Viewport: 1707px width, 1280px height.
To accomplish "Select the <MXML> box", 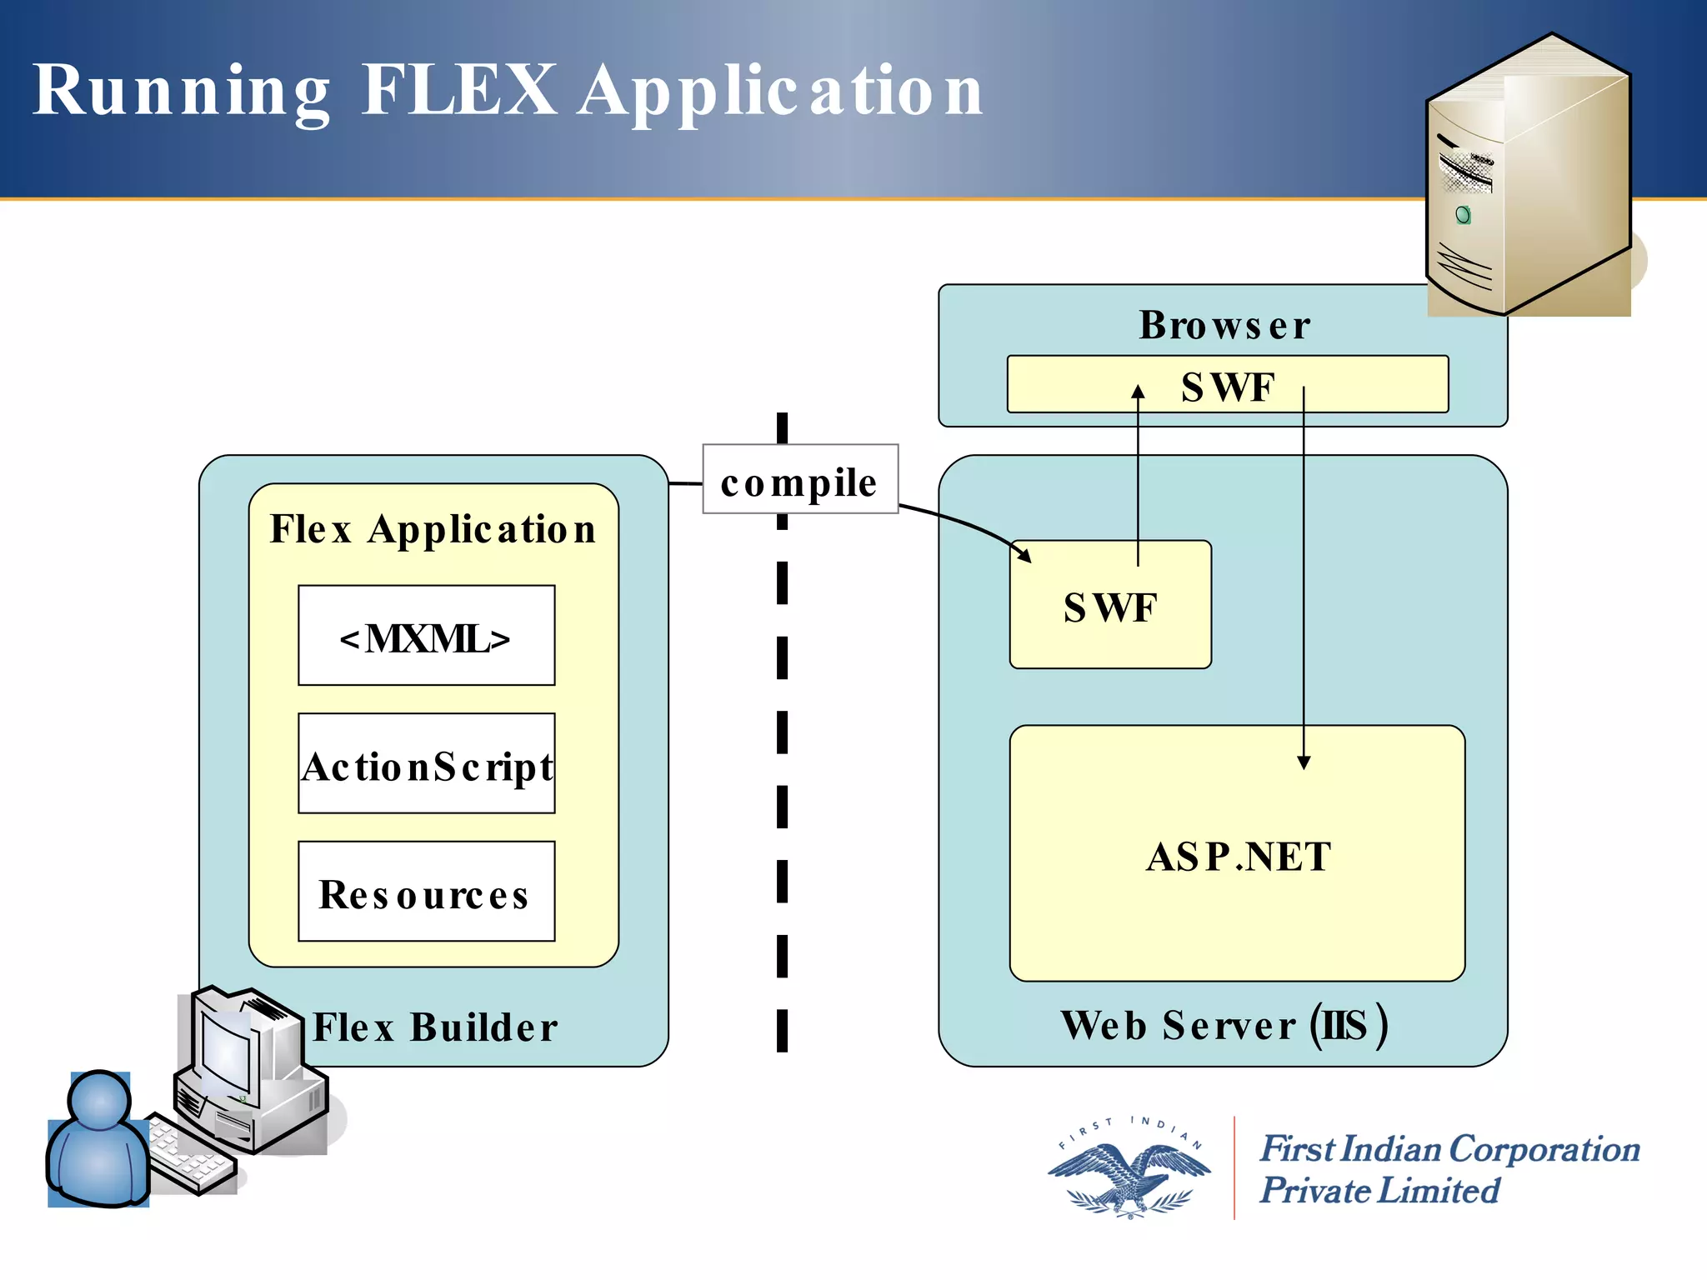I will tap(426, 636).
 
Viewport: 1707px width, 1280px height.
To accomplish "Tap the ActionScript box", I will tap(426, 764).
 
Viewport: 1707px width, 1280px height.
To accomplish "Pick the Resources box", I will tap(426, 892).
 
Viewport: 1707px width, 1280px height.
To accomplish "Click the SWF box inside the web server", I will tap(1109, 606).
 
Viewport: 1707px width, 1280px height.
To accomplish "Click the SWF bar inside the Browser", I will tap(1227, 385).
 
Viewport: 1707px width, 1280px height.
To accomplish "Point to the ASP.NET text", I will tap(1238, 856).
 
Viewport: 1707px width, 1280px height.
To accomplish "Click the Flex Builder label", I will tap(435, 1027).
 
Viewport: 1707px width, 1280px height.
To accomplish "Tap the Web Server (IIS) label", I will tap(1224, 1025).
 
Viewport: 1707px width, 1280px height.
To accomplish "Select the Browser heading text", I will tap(1224, 325).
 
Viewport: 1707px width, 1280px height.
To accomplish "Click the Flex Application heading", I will tap(433, 528).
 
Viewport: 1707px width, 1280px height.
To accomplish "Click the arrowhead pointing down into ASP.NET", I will tap(1304, 762).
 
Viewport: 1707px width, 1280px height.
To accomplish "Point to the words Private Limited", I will tap(1379, 1190).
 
